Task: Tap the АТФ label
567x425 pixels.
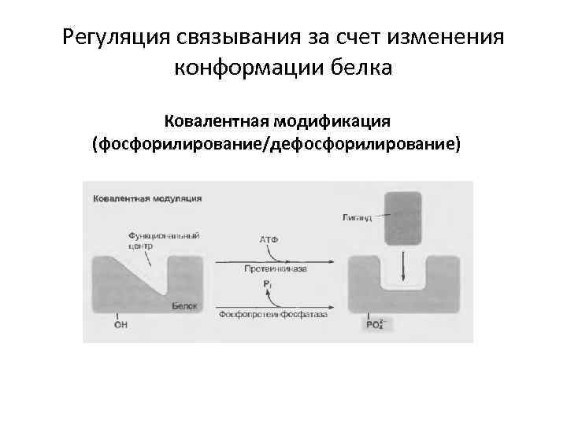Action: (269, 238)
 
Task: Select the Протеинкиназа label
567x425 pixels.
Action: (276, 268)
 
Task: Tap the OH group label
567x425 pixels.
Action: (120, 323)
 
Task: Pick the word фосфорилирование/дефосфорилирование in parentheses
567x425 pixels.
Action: (276, 145)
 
